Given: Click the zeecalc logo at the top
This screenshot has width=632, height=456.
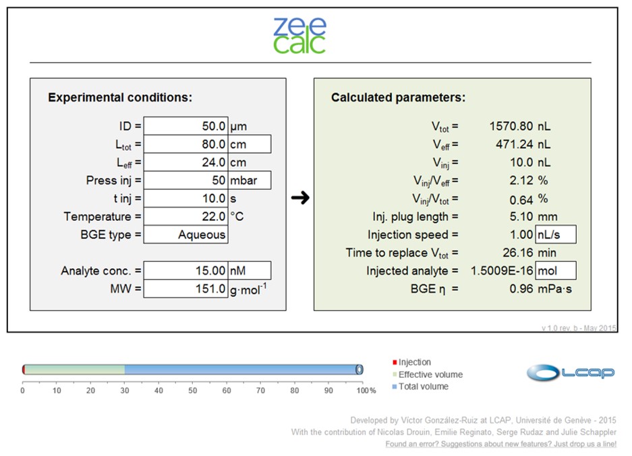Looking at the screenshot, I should pos(299,36).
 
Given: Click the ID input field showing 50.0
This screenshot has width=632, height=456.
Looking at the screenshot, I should pos(185,126).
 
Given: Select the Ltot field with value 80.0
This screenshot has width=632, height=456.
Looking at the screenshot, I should pos(185,144).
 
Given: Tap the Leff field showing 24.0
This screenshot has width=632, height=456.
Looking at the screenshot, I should pos(185,162).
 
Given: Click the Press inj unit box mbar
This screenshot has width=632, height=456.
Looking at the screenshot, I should pos(250,181).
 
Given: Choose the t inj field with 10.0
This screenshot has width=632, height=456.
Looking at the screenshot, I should pos(185,199).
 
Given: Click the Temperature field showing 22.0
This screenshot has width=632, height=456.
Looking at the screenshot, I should pos(185,217).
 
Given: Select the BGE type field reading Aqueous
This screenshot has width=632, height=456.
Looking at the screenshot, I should pos(185,235).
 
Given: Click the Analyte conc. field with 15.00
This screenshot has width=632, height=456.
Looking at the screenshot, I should pos(185,271).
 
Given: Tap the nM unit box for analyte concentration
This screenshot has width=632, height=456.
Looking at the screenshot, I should pos(250,271).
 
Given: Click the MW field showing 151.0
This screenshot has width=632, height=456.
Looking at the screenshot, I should pos(185,289).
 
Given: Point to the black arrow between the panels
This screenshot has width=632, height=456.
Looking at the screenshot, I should pos(300,198).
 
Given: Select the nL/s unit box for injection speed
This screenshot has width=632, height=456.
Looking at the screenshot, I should pos(555,234).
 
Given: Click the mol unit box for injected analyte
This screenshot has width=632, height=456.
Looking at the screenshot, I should pos(555,271).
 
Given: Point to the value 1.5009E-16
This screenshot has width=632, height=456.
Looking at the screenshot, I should pos(501,271).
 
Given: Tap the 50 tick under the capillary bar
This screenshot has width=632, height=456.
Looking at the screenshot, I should pos(192,390).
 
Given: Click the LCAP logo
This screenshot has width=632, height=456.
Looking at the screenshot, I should pos(570,372).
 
